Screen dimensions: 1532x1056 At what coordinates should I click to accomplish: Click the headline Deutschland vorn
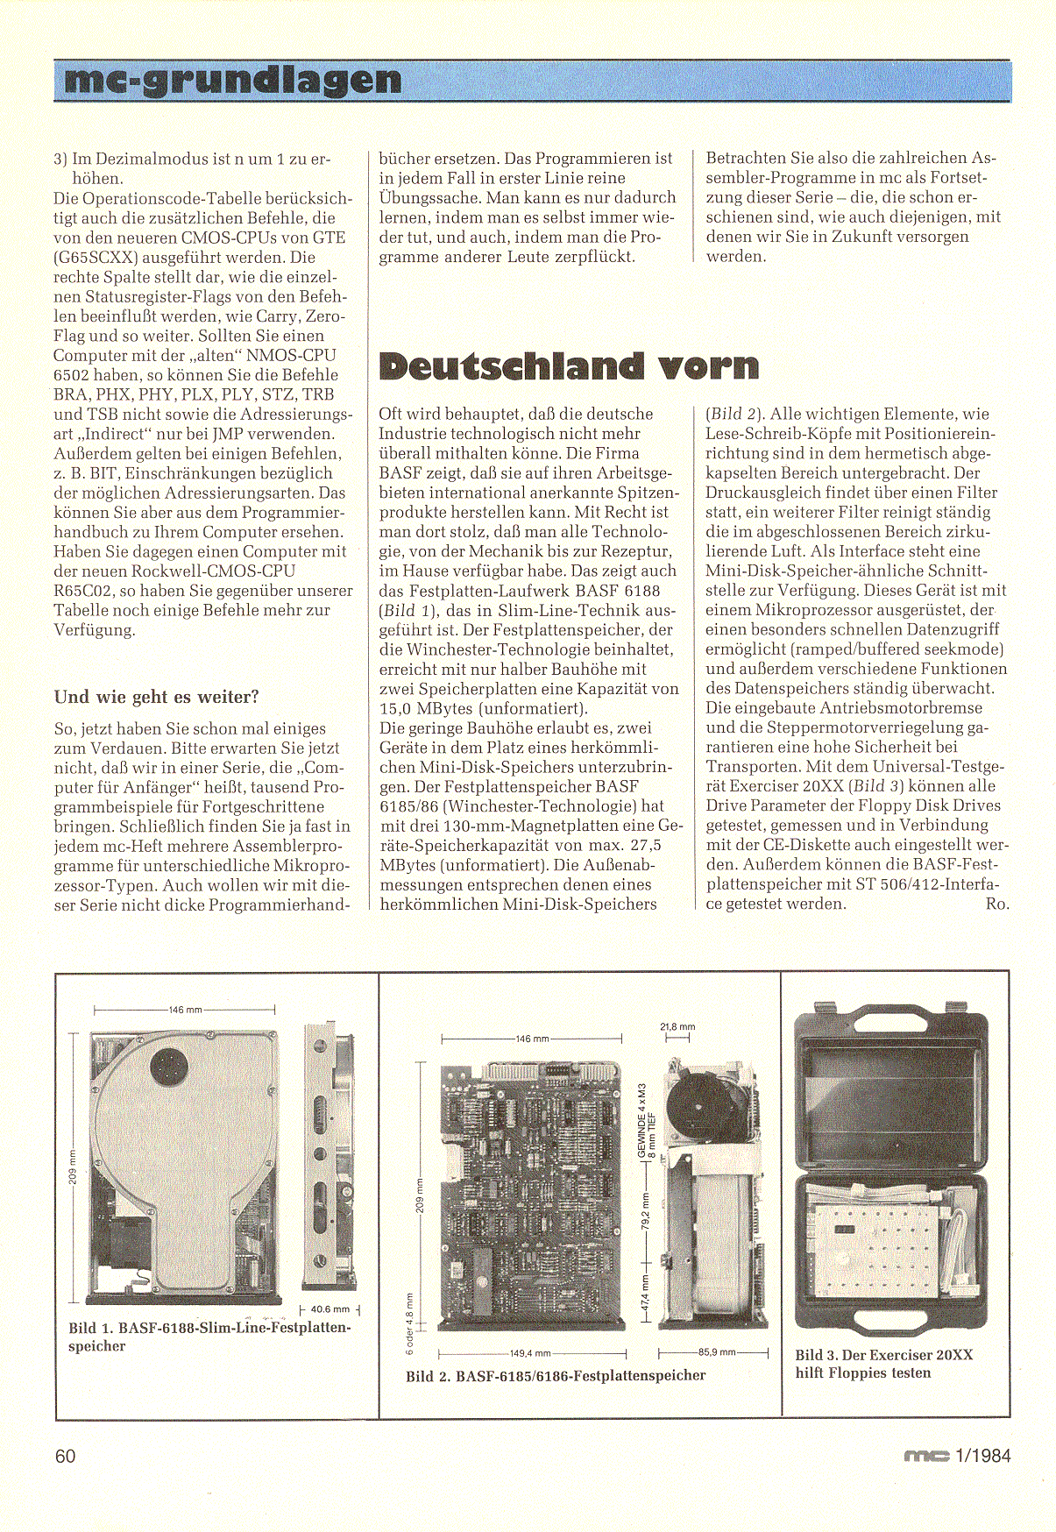point(569,365)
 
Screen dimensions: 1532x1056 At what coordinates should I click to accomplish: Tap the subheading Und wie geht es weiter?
point(157,697)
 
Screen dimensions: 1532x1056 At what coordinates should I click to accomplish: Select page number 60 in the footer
point(66,1456)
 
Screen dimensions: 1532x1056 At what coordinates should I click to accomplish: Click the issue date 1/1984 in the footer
point(984,1456)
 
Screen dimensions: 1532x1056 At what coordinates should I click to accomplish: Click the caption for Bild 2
point(556,1375)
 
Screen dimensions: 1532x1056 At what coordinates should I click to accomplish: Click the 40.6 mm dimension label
point(330,1309)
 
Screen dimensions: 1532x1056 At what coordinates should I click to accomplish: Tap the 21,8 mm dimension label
point(677,1026)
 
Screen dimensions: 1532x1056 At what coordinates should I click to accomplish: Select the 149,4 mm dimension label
point(530,1353)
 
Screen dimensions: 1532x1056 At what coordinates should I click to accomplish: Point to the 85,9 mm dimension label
point(717,1352)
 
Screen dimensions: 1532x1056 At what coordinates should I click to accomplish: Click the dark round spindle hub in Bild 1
point(168,1067)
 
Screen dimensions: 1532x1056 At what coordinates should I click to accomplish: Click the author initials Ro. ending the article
point(996,904)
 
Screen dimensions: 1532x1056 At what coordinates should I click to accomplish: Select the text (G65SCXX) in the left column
point(96,257)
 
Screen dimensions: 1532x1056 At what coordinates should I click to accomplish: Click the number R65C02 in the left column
point(87,590)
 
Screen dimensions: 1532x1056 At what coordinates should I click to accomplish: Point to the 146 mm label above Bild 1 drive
point(184,1010)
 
